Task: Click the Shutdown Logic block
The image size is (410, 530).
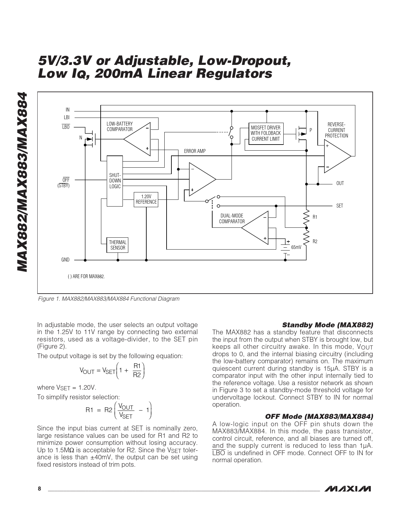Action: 114,181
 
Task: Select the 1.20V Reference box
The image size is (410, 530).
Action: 146,199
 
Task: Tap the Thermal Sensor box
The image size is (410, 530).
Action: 118,245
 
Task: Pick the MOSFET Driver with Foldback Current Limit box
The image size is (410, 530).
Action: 266,133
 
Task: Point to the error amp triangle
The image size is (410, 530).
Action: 201,180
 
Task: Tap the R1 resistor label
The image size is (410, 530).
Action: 315,217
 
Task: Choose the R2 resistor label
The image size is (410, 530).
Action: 315,242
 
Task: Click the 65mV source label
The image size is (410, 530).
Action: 296,247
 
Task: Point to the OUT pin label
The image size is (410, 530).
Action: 340,183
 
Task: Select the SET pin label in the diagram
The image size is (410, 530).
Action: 340,206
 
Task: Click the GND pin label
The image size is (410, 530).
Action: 65,260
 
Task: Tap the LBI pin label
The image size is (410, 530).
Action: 67,118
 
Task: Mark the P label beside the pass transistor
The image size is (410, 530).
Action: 311,130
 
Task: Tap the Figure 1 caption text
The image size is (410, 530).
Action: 109,299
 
